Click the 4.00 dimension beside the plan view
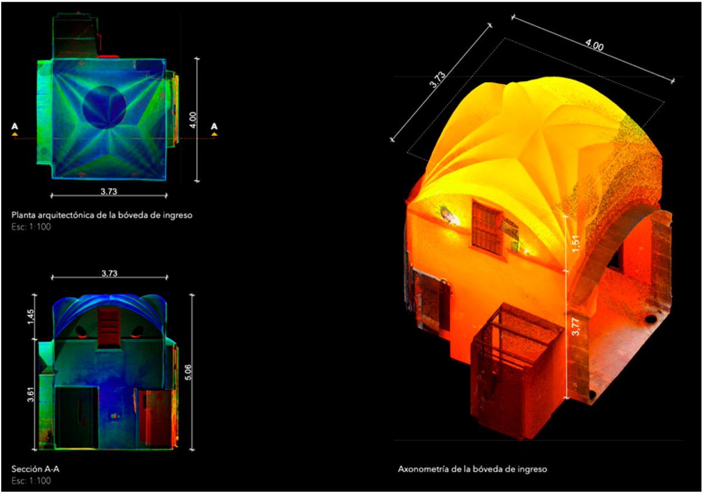pos(193,120)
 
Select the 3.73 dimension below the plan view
pos(109,191)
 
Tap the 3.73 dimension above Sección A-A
pos(109,273)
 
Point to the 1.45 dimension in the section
pos(30,317)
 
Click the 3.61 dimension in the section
pos(30,395)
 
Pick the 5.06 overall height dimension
pos(188,372)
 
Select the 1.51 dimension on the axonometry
pos(575,244)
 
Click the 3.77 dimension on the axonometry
pos(575,327)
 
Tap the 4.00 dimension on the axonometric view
pos(594,45)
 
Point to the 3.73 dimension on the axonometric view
pos(437,80)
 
